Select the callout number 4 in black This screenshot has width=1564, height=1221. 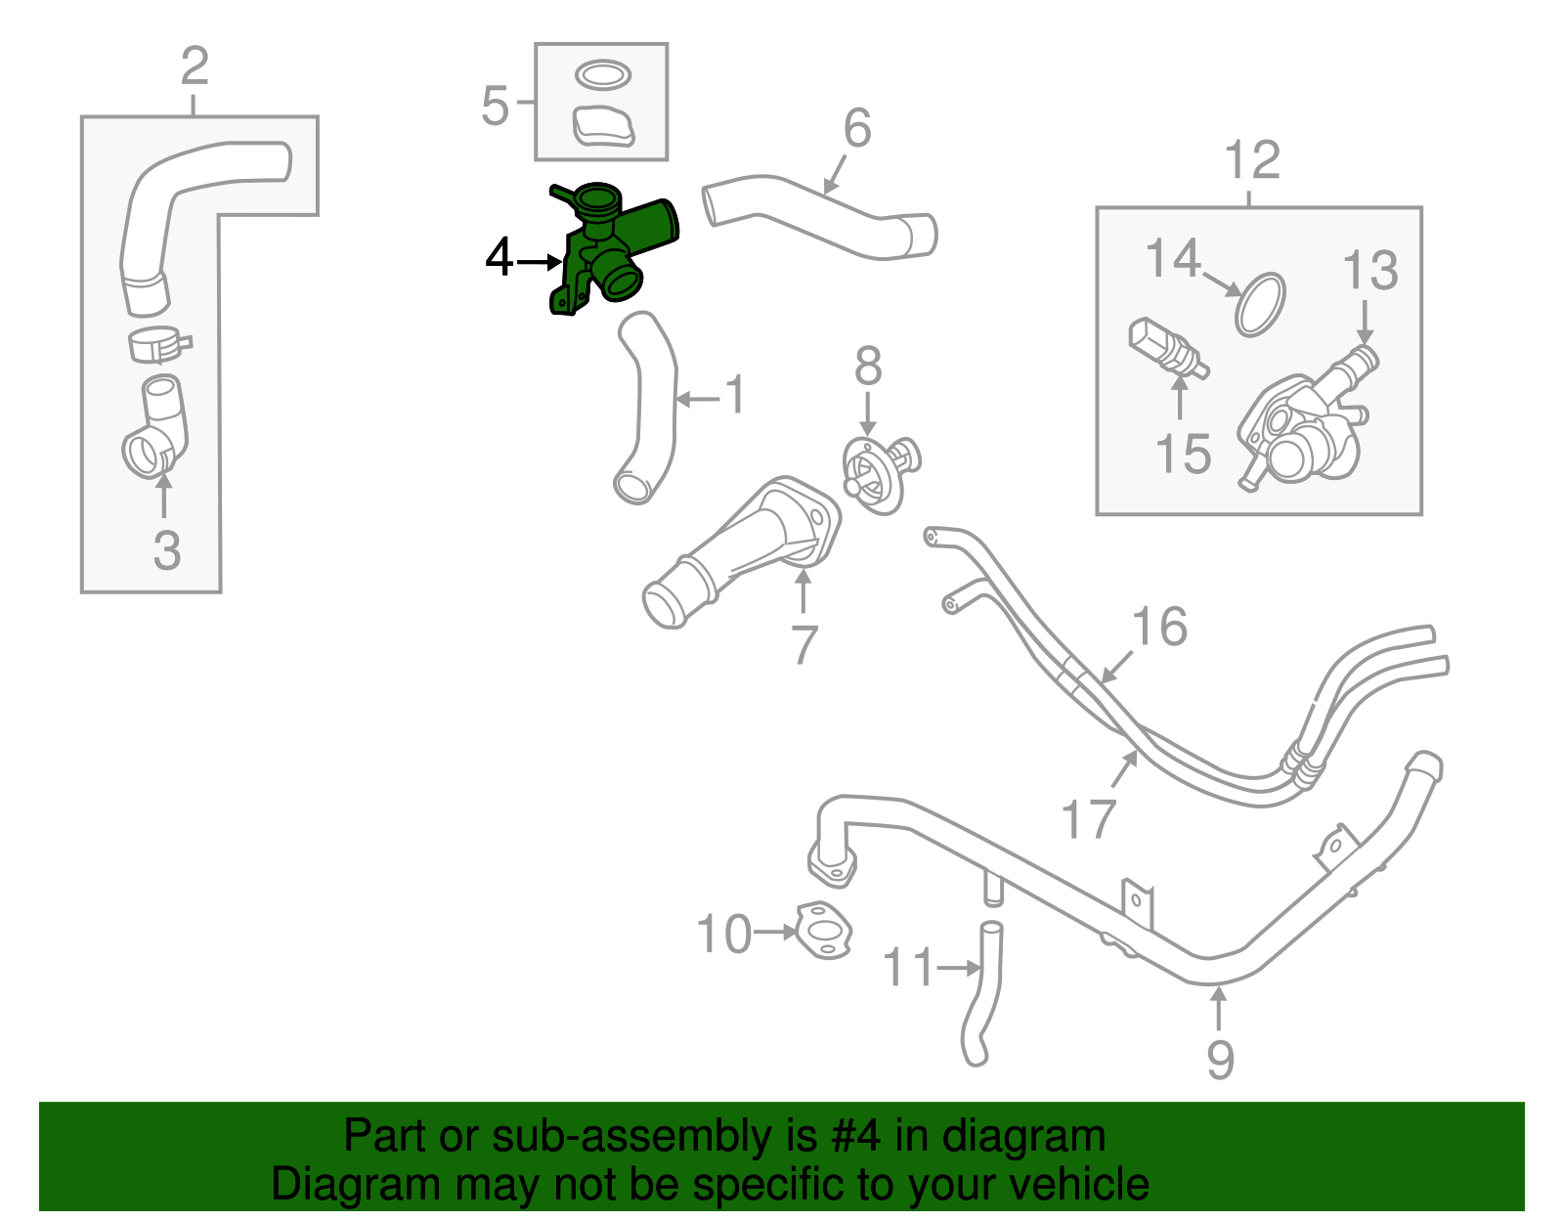coord(500,259)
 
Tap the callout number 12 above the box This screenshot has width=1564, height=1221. coord(1251,160)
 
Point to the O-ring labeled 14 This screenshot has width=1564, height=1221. coord(1259,304)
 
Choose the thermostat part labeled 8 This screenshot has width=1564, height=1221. coord(880,474)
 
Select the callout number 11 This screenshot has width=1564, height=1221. coord(908,968)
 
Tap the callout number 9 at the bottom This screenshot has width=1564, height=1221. coord(1219,1059)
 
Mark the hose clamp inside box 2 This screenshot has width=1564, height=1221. coord(158,344)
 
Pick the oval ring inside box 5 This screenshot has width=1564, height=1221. coord(602,74)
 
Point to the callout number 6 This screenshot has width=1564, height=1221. coord(857,128)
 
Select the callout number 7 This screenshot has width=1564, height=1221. coord(804,644)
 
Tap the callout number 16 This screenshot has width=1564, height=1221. coord(1159,627)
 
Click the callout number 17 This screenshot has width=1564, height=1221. coord(1088,818)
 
